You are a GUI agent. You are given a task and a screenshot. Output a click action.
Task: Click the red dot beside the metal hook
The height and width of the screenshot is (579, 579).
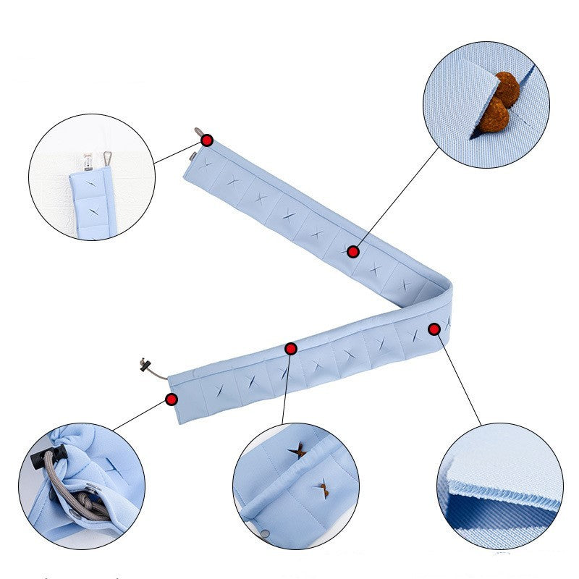point(207,140)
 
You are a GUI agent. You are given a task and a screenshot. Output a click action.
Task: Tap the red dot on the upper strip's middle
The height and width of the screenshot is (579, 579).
point(353,252)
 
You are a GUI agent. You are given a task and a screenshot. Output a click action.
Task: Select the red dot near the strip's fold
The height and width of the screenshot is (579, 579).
point(434,329)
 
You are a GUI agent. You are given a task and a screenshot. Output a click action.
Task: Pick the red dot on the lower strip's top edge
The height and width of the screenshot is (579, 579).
point(291,349)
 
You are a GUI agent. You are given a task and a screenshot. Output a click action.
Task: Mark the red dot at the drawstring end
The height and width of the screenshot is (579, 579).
point(172,399)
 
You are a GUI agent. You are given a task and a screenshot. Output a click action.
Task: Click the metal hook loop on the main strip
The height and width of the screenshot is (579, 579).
point(198,132)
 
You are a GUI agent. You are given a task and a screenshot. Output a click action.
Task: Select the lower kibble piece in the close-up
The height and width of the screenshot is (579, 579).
point(495,115)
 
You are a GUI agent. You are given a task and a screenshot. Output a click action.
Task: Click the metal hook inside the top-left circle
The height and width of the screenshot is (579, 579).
point(107,157)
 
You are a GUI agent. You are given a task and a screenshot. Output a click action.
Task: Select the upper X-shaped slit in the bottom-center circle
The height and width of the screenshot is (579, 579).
point(296,451)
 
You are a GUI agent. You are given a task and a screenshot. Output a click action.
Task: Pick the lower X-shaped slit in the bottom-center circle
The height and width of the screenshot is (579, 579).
point(321,489)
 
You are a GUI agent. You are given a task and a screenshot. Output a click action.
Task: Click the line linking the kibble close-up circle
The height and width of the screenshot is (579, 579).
point(398,195)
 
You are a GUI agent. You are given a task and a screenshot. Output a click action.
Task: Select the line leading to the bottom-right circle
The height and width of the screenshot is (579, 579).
point(460,380)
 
